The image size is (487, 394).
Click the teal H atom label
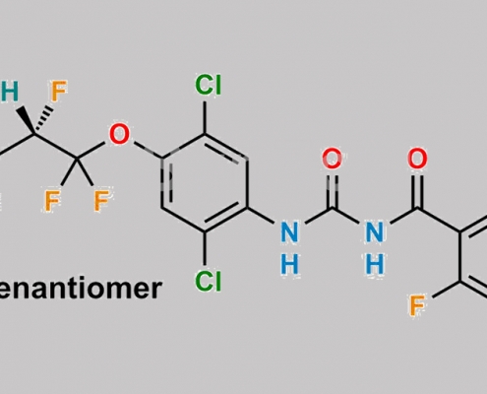point(9,92)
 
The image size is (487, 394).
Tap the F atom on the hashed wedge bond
point(59,91)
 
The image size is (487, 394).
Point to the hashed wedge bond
point(43,119)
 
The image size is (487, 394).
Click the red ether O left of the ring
point(119,134)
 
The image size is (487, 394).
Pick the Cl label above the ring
point(209,85)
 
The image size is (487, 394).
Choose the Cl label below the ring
point(209,282)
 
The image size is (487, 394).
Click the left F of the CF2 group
point(52,201)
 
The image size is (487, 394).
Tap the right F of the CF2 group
point(101,200)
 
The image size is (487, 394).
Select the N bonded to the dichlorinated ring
point(290,232)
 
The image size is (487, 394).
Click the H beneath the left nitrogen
point(290,264)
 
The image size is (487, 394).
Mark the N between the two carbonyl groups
point(375,232)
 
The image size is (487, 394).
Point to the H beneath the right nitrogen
point(375,264)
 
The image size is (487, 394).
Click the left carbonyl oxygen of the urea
point(333,159)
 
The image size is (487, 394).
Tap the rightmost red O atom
point(417,159)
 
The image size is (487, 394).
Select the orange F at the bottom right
point(417,305)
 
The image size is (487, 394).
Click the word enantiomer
point(80,289)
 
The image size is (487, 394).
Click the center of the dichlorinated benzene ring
point(205,183)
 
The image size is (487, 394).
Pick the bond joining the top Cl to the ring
point(205,117)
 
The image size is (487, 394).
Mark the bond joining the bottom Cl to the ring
point(205,248)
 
